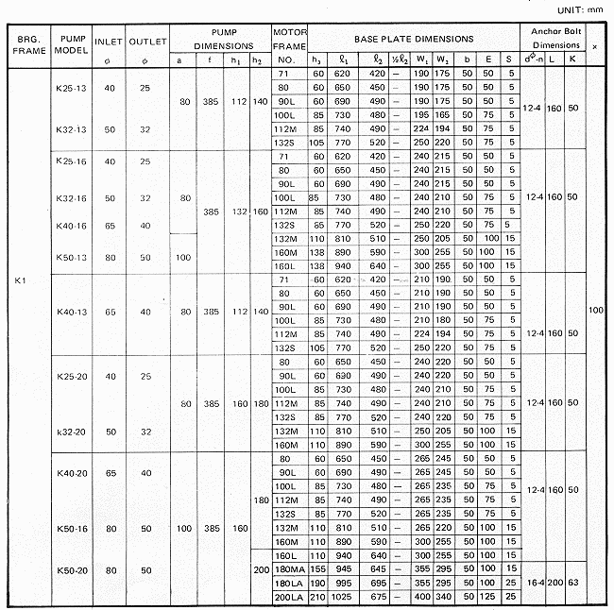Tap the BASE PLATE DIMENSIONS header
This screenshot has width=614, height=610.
(x=414, y=40)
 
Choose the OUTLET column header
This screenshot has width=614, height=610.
(x=147, y=42)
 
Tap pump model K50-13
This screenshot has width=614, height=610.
(x=72, y=257)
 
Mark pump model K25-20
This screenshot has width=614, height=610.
(x=72, y=376)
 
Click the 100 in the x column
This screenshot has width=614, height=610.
(x=595, y=310)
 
